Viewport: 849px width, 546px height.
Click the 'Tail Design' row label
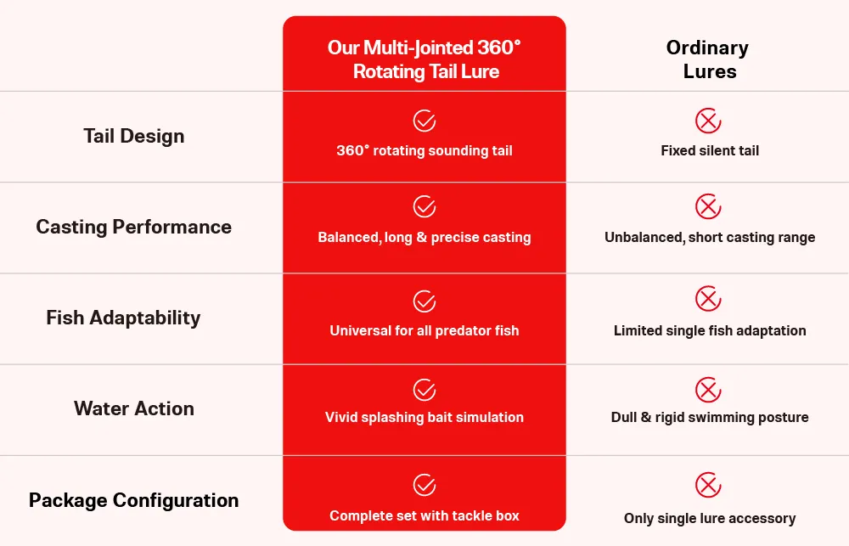(134, 136)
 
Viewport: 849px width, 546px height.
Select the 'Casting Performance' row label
(134, 227)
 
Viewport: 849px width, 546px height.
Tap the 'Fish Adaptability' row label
(123, 318)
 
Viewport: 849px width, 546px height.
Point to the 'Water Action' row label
(134, 408)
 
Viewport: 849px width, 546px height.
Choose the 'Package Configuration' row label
(134, 500)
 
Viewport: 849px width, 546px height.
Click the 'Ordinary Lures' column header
(708, 59)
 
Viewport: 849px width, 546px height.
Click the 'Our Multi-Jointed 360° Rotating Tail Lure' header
(424, 59)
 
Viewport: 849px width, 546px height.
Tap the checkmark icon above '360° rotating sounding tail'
(424, 121)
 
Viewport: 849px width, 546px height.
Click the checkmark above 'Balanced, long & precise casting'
(424, 206)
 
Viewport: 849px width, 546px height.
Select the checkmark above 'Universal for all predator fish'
(424, 301)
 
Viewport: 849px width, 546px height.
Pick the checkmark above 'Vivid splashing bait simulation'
(424, 390)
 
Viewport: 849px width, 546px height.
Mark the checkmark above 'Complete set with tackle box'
(424, 485)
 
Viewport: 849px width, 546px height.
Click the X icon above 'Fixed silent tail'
(708, 121)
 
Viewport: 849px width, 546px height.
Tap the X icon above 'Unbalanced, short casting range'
(708, 206)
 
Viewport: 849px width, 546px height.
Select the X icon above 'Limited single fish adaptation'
(708, 298)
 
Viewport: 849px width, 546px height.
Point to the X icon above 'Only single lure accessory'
(708, 485)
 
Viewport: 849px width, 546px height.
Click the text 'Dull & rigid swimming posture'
(710, 418)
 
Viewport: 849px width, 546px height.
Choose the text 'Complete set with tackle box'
(424, 515)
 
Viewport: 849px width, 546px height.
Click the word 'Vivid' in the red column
(341, 417)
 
